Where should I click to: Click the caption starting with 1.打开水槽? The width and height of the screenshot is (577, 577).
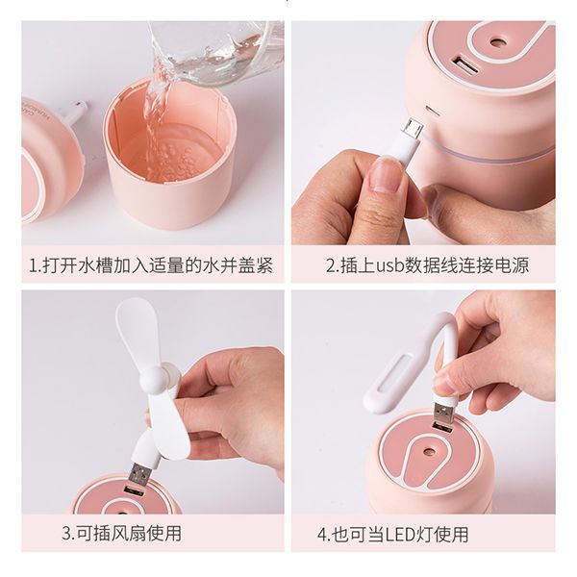[151, 265]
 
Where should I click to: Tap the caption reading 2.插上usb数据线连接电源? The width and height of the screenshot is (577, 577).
[427, 265]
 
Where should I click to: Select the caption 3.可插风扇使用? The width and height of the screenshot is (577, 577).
[122, 533]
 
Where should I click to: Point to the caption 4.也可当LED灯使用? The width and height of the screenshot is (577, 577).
[393, 534]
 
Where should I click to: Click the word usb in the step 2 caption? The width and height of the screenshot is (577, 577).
[389, 265]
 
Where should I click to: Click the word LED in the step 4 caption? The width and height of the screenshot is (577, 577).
[401, 535]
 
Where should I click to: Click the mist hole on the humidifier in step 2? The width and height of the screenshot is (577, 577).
[498, 43]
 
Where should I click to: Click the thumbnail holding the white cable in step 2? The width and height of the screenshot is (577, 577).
[386, 173]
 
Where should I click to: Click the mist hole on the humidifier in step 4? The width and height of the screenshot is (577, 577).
[428, 451]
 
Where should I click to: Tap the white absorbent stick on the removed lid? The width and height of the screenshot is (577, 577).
[76, 113]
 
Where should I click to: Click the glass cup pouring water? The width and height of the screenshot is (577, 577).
[217, 52]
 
